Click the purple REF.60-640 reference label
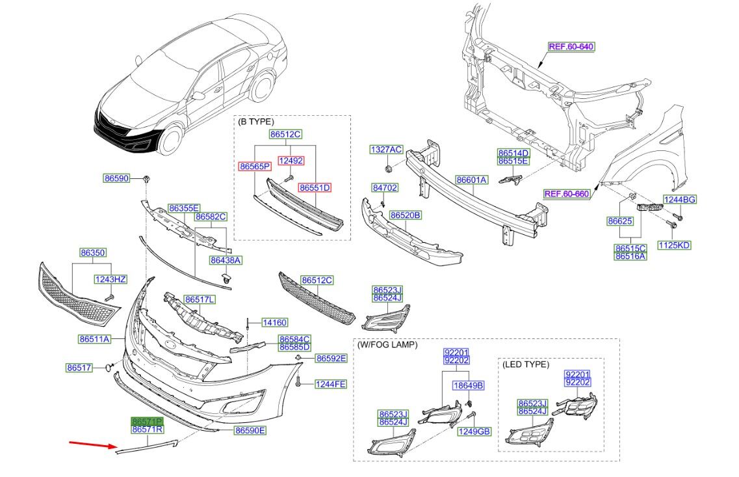[x=571, y=47]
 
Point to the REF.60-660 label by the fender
[x=567, y=193]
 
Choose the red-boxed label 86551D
[x=315, y=187]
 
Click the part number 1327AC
[x=387, y=150]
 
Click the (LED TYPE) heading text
[x=526, y=364]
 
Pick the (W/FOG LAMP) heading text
[x=387, y=344]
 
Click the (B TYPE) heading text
[x=256, y=122]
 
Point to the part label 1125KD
[x=673, y=245]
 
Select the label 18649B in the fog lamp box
[x=469, y=386]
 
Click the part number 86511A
[x=94, y=339]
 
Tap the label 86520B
[x=406, y=214]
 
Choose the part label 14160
[x=274, y=322]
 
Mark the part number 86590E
[x=250, y=431]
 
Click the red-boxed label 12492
[x=291, y=161]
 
